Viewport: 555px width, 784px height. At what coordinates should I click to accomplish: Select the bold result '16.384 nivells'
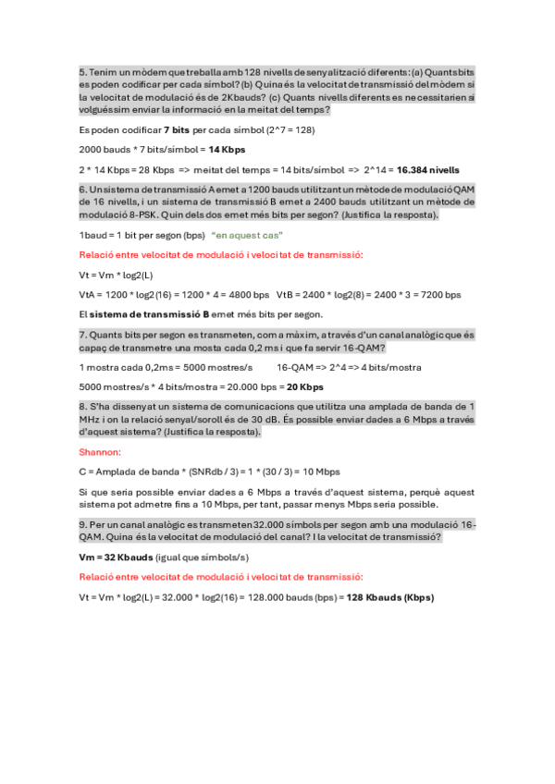[428, 169]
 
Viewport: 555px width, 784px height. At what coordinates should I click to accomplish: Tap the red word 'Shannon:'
[100, 452]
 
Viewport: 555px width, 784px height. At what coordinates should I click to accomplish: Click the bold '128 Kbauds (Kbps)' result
[390, 597]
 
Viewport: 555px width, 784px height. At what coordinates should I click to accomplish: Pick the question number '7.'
[82, 334]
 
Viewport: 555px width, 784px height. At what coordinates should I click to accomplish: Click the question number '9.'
[82, 523]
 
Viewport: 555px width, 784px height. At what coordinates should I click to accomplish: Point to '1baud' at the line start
[93, 235]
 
